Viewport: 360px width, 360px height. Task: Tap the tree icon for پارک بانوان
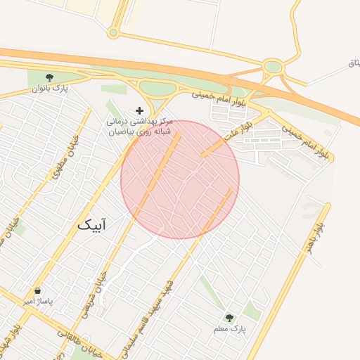point(49,77)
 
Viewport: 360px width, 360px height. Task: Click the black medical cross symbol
point(139,110)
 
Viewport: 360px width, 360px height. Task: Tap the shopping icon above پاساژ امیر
point(37,290)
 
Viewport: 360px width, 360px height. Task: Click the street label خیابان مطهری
point(64,155)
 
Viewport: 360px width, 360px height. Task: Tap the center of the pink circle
point(180,179)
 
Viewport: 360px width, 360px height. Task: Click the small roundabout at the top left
point(113,32)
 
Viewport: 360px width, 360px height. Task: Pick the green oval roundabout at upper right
point(273,67)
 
